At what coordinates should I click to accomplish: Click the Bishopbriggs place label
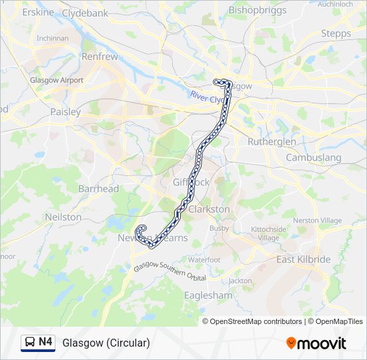(x=257, y=10)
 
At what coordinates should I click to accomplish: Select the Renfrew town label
(x=99, y=57)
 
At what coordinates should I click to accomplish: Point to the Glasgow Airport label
(x=57, y=80)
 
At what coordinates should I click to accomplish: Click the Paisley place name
(x=65, y=112)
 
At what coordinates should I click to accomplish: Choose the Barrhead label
(x=98, y=189)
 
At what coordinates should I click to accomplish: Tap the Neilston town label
(x=63, y=217)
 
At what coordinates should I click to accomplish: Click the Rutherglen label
(x=272, y=142)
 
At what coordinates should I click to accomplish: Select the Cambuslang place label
(x=313, y=158)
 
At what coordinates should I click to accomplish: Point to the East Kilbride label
(x=304, y=259)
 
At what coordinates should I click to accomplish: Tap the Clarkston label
(x=210, y=209)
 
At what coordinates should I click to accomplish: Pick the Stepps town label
(x=336, y=33)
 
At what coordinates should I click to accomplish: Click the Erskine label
(x=38, y=13)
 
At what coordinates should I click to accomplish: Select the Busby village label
(x=219, y=228)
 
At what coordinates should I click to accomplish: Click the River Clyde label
(x=207, y=97)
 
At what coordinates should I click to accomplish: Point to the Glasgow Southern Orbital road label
(x=169, y=271)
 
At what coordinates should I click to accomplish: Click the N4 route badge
(x=38, y=343)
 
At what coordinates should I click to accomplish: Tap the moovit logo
(x=316, y=343)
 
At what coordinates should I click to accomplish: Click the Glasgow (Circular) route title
(x=106, y=343)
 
